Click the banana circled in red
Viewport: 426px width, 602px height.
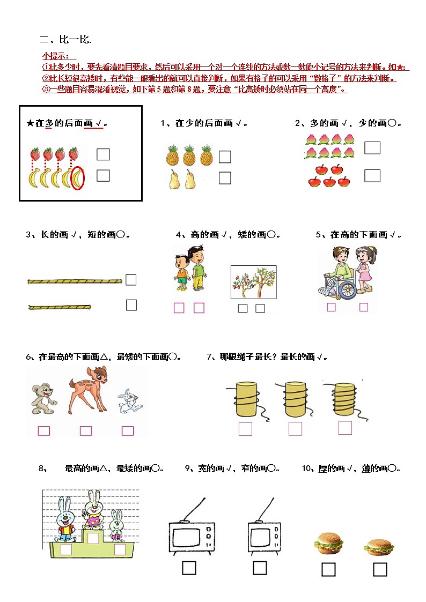coord(78,178)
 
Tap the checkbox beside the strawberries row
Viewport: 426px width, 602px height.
coord(103,154)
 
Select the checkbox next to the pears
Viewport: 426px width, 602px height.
coord(225,178)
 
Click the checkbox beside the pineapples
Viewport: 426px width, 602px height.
coord(225,157)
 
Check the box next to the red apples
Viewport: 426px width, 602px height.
coord(372,175)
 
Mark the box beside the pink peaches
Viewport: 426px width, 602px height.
coord(372,147)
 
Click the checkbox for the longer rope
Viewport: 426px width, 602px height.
coord(131,280)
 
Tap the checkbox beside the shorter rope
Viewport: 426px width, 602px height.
coord(131,305)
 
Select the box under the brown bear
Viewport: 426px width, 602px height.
coord(44,430)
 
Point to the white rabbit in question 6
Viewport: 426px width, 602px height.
coord(129,402)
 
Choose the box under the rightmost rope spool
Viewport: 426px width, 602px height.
coord(345,428)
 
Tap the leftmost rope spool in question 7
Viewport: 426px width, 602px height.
coord(246,400)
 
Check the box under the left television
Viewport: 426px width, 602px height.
coord(189,568)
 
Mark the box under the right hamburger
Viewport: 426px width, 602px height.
coord(380,569)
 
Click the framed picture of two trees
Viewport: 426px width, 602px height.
coord(253,282)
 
